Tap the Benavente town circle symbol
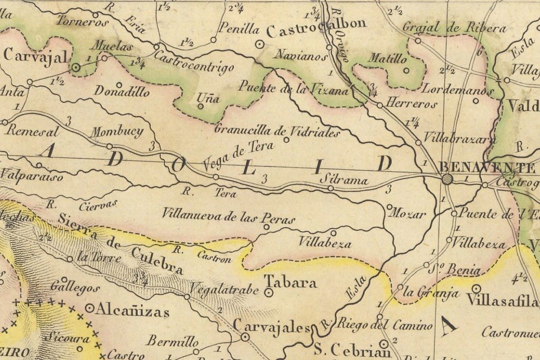(x=447, y=179)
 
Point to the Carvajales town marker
(x=245, y=337)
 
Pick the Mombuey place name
(x=117, y=132)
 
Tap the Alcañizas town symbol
(x=90, y=308)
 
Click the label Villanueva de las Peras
(x=228, y=215)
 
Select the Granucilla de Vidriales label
(x=277, y=130)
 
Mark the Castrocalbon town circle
(x=259, y=45)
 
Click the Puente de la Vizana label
(x=294, y=88)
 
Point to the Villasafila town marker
(x=476, y=288)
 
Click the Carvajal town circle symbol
(x=75, y=67)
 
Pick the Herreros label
(x=411, y=104)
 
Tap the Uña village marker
(x=200, y=106)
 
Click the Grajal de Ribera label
(x=454, y=28)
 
